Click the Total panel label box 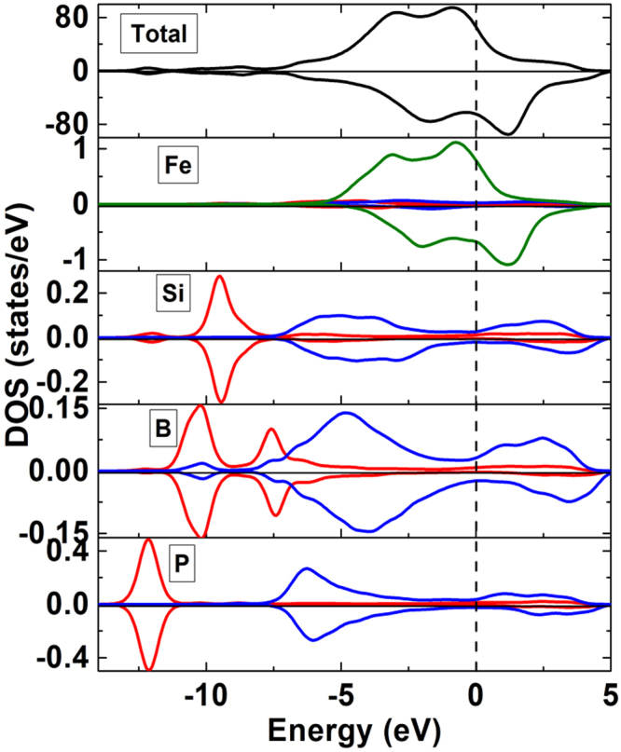(x=159, y=35)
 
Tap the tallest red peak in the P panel (x=147, y=540)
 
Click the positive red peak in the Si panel (x=220, y=277)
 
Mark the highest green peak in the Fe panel (x=456, y=143)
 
